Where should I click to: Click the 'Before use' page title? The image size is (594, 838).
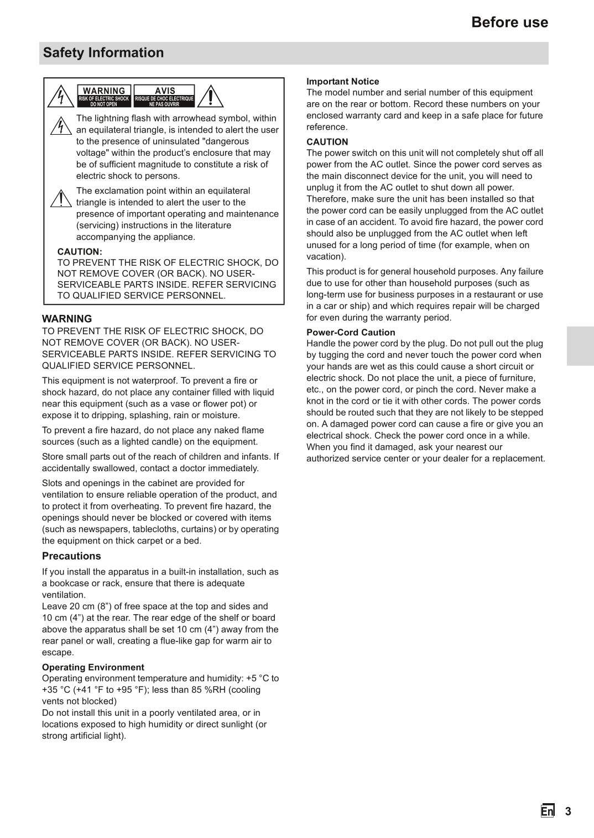point(509,22)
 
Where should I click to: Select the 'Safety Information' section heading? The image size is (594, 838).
point(103,53)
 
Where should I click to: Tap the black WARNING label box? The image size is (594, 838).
point(104,96)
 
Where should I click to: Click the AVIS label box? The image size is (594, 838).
point(164,96)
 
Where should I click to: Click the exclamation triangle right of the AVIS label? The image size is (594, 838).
point(210,96)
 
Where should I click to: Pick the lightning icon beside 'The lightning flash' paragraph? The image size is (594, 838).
point(60,125)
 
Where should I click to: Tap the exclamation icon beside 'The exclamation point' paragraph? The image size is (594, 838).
point(60,198)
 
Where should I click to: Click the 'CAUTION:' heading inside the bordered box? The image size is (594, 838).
point(80,252)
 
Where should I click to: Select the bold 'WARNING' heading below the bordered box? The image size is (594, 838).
point(67,319)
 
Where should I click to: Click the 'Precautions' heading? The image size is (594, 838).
point(71,556)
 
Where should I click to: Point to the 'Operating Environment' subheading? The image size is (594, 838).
point(93,667)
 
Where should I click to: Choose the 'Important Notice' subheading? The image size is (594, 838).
point(343,82)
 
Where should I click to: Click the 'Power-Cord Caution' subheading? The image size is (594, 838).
point(351,333)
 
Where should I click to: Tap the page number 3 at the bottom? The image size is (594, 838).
point(568,811)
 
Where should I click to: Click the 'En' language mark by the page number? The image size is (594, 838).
point(548,811)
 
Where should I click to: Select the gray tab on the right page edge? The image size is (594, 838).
point(580,346)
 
